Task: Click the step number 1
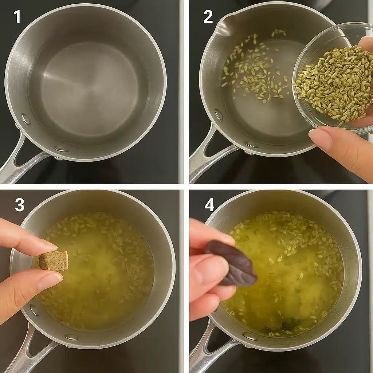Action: (17, 17)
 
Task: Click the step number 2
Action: (208, 17)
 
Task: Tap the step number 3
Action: (19, 205)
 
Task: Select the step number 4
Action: (209, 205)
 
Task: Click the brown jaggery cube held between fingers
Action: (54, 261)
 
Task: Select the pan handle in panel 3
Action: (26, 350)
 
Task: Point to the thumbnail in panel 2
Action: (320, 137)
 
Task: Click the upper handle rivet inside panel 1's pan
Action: (26, 119)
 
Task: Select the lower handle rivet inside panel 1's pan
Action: (61, 149)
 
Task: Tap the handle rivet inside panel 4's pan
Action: (250, 336)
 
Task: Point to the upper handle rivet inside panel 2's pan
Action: (219, 114)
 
